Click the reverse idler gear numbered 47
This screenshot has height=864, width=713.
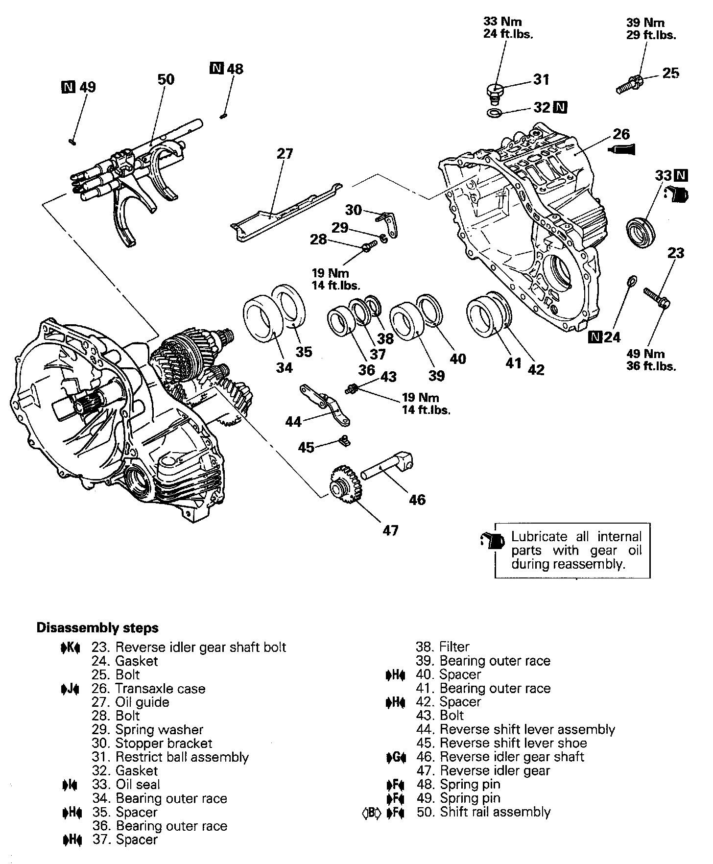coord(345,485)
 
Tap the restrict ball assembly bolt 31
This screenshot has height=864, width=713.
coord(494,92)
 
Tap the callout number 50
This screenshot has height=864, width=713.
coord(166,79)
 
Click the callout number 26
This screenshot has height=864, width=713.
coord(621,134)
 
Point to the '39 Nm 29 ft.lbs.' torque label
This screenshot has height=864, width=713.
coord(651,29)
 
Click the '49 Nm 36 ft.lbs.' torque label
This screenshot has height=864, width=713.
coord(651,360)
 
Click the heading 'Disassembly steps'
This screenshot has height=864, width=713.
coord(97,628)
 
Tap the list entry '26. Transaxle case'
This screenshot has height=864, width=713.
coord(148,688)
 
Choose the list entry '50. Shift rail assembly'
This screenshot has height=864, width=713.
coord(483,812)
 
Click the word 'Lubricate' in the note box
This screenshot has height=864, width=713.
coord(539,537)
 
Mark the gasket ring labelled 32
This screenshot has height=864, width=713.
coord(494,115)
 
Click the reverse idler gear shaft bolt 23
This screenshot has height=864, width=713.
coord(656,298)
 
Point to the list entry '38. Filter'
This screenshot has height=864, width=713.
coord(443,647)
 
